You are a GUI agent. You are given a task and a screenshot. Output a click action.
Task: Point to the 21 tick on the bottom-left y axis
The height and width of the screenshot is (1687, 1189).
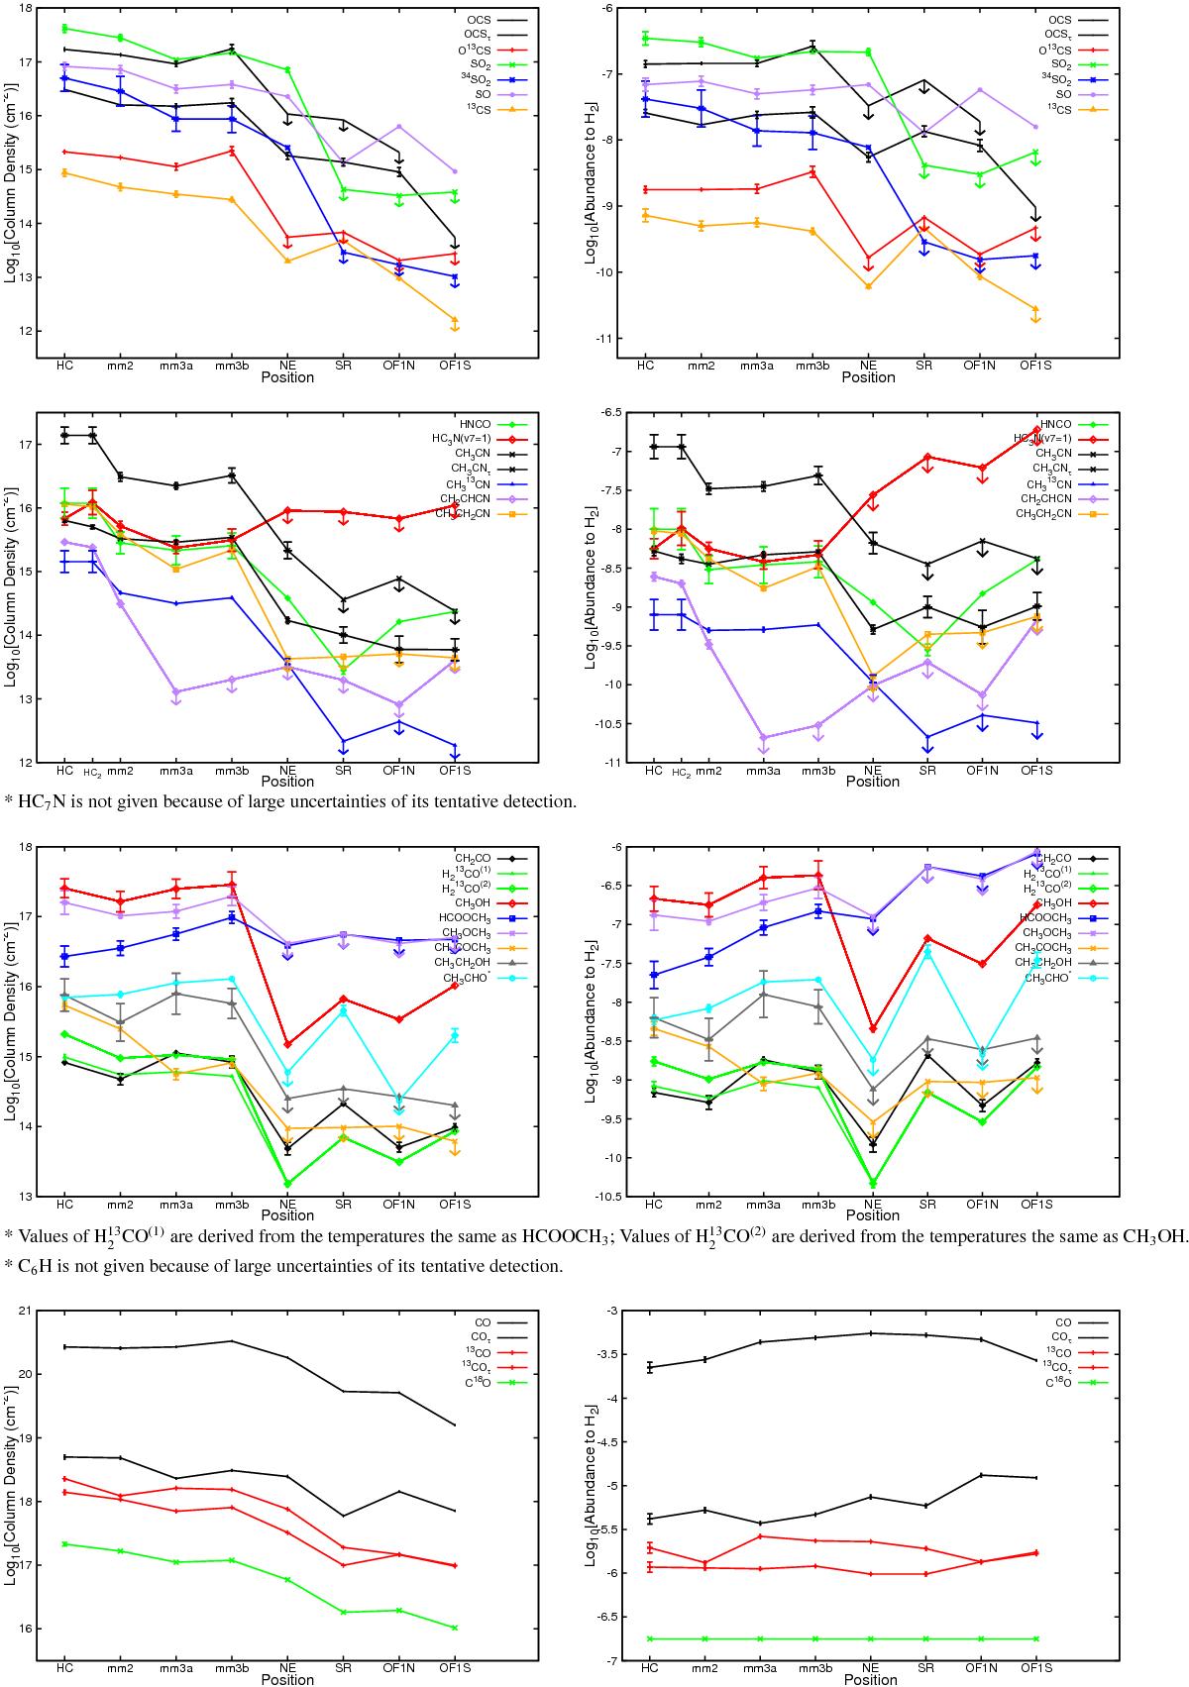(24, 1311)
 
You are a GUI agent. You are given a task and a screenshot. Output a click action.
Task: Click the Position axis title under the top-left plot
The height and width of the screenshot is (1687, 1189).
(287, 377)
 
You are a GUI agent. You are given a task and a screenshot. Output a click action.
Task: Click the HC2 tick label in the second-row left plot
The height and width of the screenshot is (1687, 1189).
(92, 772)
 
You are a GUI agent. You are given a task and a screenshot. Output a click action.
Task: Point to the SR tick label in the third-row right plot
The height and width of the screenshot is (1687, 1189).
(927, 1204)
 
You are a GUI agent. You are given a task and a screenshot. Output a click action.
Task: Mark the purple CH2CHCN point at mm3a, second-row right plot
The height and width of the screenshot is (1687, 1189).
(761, 737)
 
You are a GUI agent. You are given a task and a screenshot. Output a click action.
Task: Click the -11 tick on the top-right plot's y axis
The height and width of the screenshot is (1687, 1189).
(614, 339)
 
